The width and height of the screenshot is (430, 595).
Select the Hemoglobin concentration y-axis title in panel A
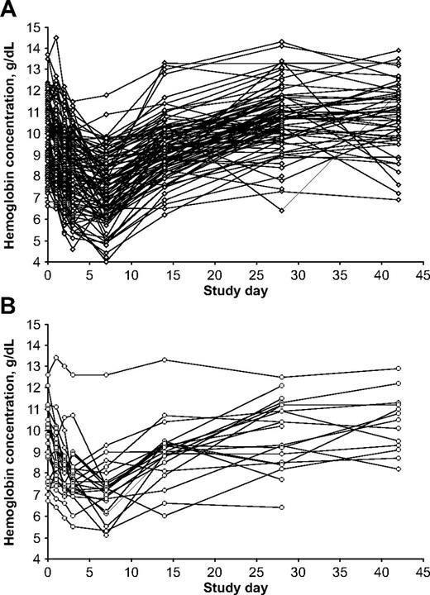point(10,145)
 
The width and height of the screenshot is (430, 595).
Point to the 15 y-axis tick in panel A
point(34,28)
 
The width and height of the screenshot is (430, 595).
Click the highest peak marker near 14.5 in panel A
point(56,38)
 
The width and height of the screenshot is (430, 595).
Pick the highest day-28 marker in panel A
point(281,42)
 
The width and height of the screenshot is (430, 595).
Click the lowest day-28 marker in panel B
point(281,507)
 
